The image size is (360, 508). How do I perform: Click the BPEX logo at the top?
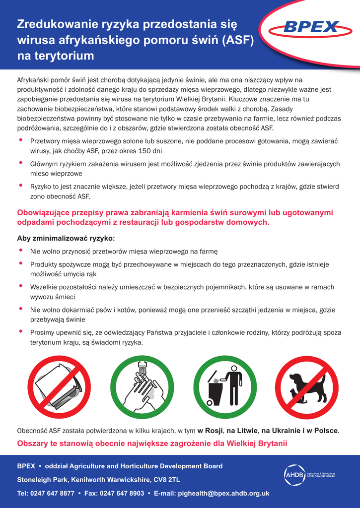pyautogui.click(x=311, y=28)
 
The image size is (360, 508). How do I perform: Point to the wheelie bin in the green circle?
pyautogui.click(x=215, y=391)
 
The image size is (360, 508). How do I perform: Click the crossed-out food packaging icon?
pyautogui.click(x=59, y=387)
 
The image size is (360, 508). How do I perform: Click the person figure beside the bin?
pyautogui.click(x=233, y=385)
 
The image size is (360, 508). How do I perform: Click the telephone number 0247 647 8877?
pyautogui.click(x=52, y=494)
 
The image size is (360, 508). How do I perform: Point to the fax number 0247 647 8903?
pyautogui.click(x=122, y=494)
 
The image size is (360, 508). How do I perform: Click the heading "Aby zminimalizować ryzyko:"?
pyautogui.click(x=66, y=238)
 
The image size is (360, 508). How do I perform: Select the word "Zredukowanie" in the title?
pyautogui.click(x=54, y=24)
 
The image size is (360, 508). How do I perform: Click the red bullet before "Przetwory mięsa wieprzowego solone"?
pyautogui.click(x=20, y=140)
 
